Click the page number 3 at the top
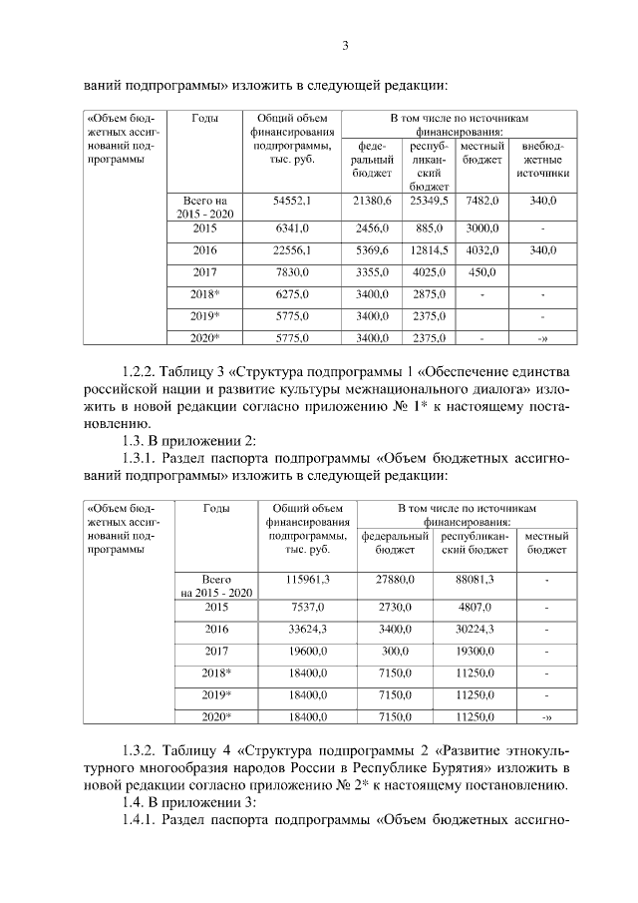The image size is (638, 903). tap(345, 45)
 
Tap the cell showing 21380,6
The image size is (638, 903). tap(373, 201)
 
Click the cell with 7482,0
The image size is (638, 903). tap(482, 201)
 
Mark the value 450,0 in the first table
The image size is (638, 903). tap(482, 272)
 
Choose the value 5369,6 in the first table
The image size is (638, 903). tap(373, 249)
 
